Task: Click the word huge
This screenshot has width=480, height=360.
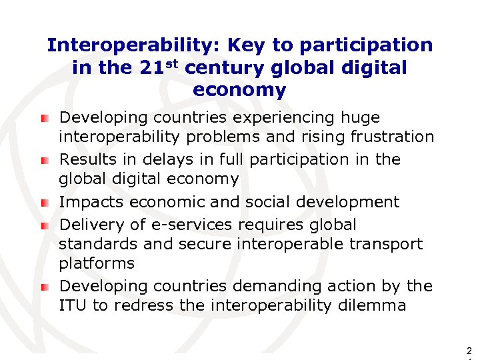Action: click(x=360, y=118)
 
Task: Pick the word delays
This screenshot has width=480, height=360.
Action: click(x=145, y=160)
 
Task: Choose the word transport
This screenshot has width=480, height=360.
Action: click(x=386, y=244)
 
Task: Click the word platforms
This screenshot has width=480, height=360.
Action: click(x=97, y=263)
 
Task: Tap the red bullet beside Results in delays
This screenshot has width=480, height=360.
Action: click(x=45, y=161)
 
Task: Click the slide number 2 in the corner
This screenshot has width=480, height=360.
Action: click(x=469, y=350)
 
